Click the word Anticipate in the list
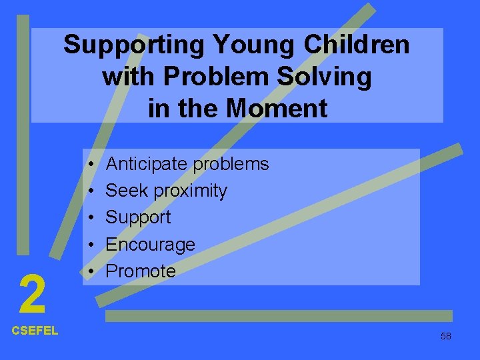[144, 164]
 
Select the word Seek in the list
[127, 191]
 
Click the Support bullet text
[138, 218]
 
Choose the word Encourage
[150, 245]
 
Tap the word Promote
[141, 271]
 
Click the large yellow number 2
[32, 295]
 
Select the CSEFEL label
[35, 330]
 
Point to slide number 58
[445, 336]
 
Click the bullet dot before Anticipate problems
[89, 165]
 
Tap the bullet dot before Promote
[89, 272]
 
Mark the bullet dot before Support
[89, 218]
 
